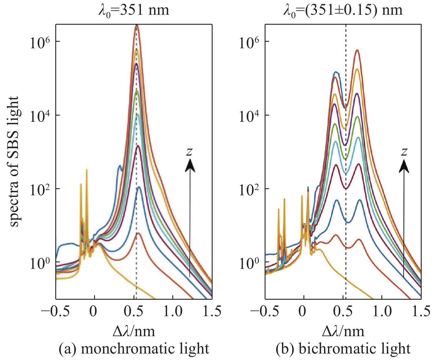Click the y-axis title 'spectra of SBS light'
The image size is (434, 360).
tap(14, 161)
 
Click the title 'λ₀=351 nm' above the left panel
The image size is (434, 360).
tap(134, 10)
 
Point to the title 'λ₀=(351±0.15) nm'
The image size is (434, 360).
tap(343, 10)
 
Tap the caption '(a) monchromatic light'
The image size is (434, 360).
tap(134, 349)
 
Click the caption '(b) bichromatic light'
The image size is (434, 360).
tap(343, 349)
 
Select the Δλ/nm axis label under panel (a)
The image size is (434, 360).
tap(134, 331)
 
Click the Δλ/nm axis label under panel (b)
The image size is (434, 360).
tap(343, 331)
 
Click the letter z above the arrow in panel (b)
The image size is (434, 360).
tap(404, 151)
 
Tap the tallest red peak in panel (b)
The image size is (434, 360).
tap(357, 51)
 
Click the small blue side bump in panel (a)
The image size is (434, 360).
tap(119, 166)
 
